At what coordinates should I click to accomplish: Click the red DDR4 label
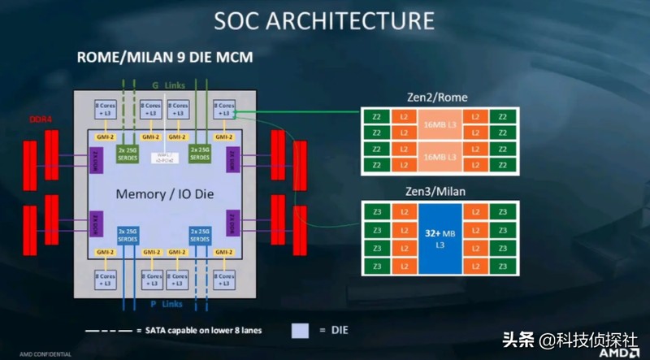click(43, 117)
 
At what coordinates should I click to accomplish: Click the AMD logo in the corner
click(618, 353)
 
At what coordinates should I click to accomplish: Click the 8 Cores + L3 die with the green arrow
click(224, 109)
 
